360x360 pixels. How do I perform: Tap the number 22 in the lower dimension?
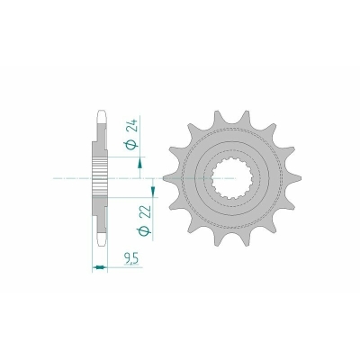point(144,212)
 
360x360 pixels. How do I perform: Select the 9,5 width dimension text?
point(131,258)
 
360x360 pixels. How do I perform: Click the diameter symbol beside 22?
point(144,231)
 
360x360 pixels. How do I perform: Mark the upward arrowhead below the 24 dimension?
point(139,165)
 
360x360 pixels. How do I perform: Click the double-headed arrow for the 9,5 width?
point(99,266)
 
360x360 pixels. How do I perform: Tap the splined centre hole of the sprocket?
point(232,179)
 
